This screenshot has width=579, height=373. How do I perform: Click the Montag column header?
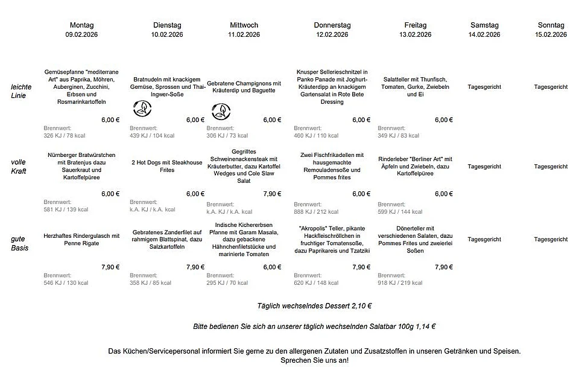[82, 25]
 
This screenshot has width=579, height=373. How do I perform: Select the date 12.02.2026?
[332, 35]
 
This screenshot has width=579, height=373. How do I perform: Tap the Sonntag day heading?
[551, 25]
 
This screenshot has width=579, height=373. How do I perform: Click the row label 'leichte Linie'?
[21, 91]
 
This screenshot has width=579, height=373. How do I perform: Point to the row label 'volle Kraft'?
[19, 166]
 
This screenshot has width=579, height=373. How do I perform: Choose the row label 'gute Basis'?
[20, 243]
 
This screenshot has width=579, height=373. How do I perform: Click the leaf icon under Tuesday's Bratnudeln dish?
[142, 109]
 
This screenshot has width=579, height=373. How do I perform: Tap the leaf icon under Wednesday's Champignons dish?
[221, 110]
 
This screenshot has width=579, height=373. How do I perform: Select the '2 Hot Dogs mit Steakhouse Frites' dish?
[167, 166]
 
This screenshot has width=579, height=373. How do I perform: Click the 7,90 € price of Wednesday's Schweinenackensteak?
[272, 194]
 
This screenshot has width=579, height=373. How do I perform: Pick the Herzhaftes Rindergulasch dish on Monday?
[82, 240]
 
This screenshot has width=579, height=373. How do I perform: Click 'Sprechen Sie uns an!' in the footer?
[314, 360]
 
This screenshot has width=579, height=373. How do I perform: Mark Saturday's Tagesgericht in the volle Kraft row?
[484, 167]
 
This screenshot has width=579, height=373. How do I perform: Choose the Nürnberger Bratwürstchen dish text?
[82, 167]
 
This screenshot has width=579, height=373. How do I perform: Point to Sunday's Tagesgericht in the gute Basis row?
[551, 240]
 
